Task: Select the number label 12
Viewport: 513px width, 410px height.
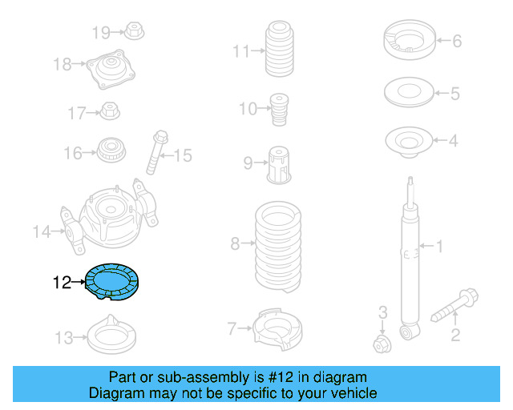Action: pos(63,282)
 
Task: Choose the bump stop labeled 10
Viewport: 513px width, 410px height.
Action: pos(279,108)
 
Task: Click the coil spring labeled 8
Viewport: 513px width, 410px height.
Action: pos(277,247)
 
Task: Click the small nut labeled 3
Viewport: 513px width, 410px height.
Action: pos(382,345)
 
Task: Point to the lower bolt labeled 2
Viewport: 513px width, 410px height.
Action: pos(456,308)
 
